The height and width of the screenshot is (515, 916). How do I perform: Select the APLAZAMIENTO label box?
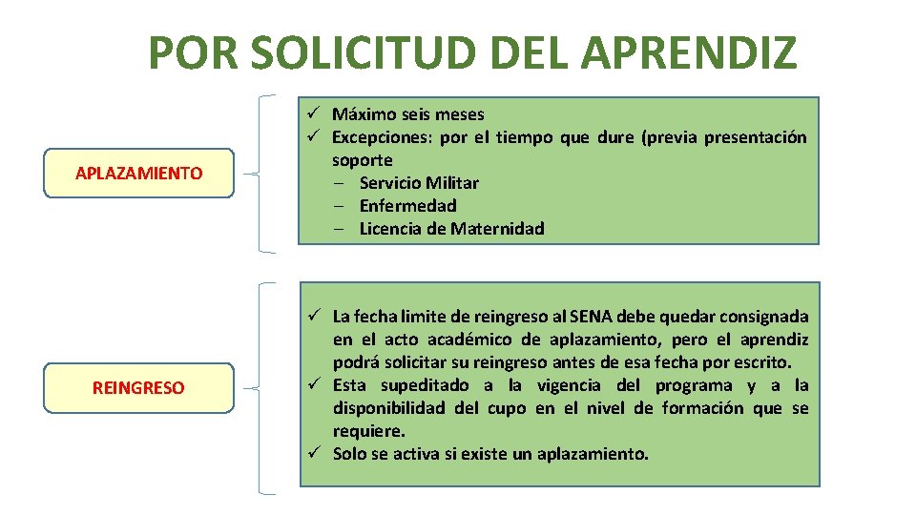(x=138, y=173)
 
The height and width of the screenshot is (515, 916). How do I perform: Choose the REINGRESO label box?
(x=138, y=387)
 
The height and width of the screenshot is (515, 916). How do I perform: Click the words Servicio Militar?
(x=419, y=183)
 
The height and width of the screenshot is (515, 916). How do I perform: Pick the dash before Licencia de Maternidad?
(x=340, y=229)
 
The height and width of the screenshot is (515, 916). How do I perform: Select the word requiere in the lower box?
(x=366, y=431)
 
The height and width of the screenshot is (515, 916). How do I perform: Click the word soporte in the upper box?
(x=362, y=160)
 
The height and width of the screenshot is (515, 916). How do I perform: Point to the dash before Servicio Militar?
(x=340, y=183)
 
